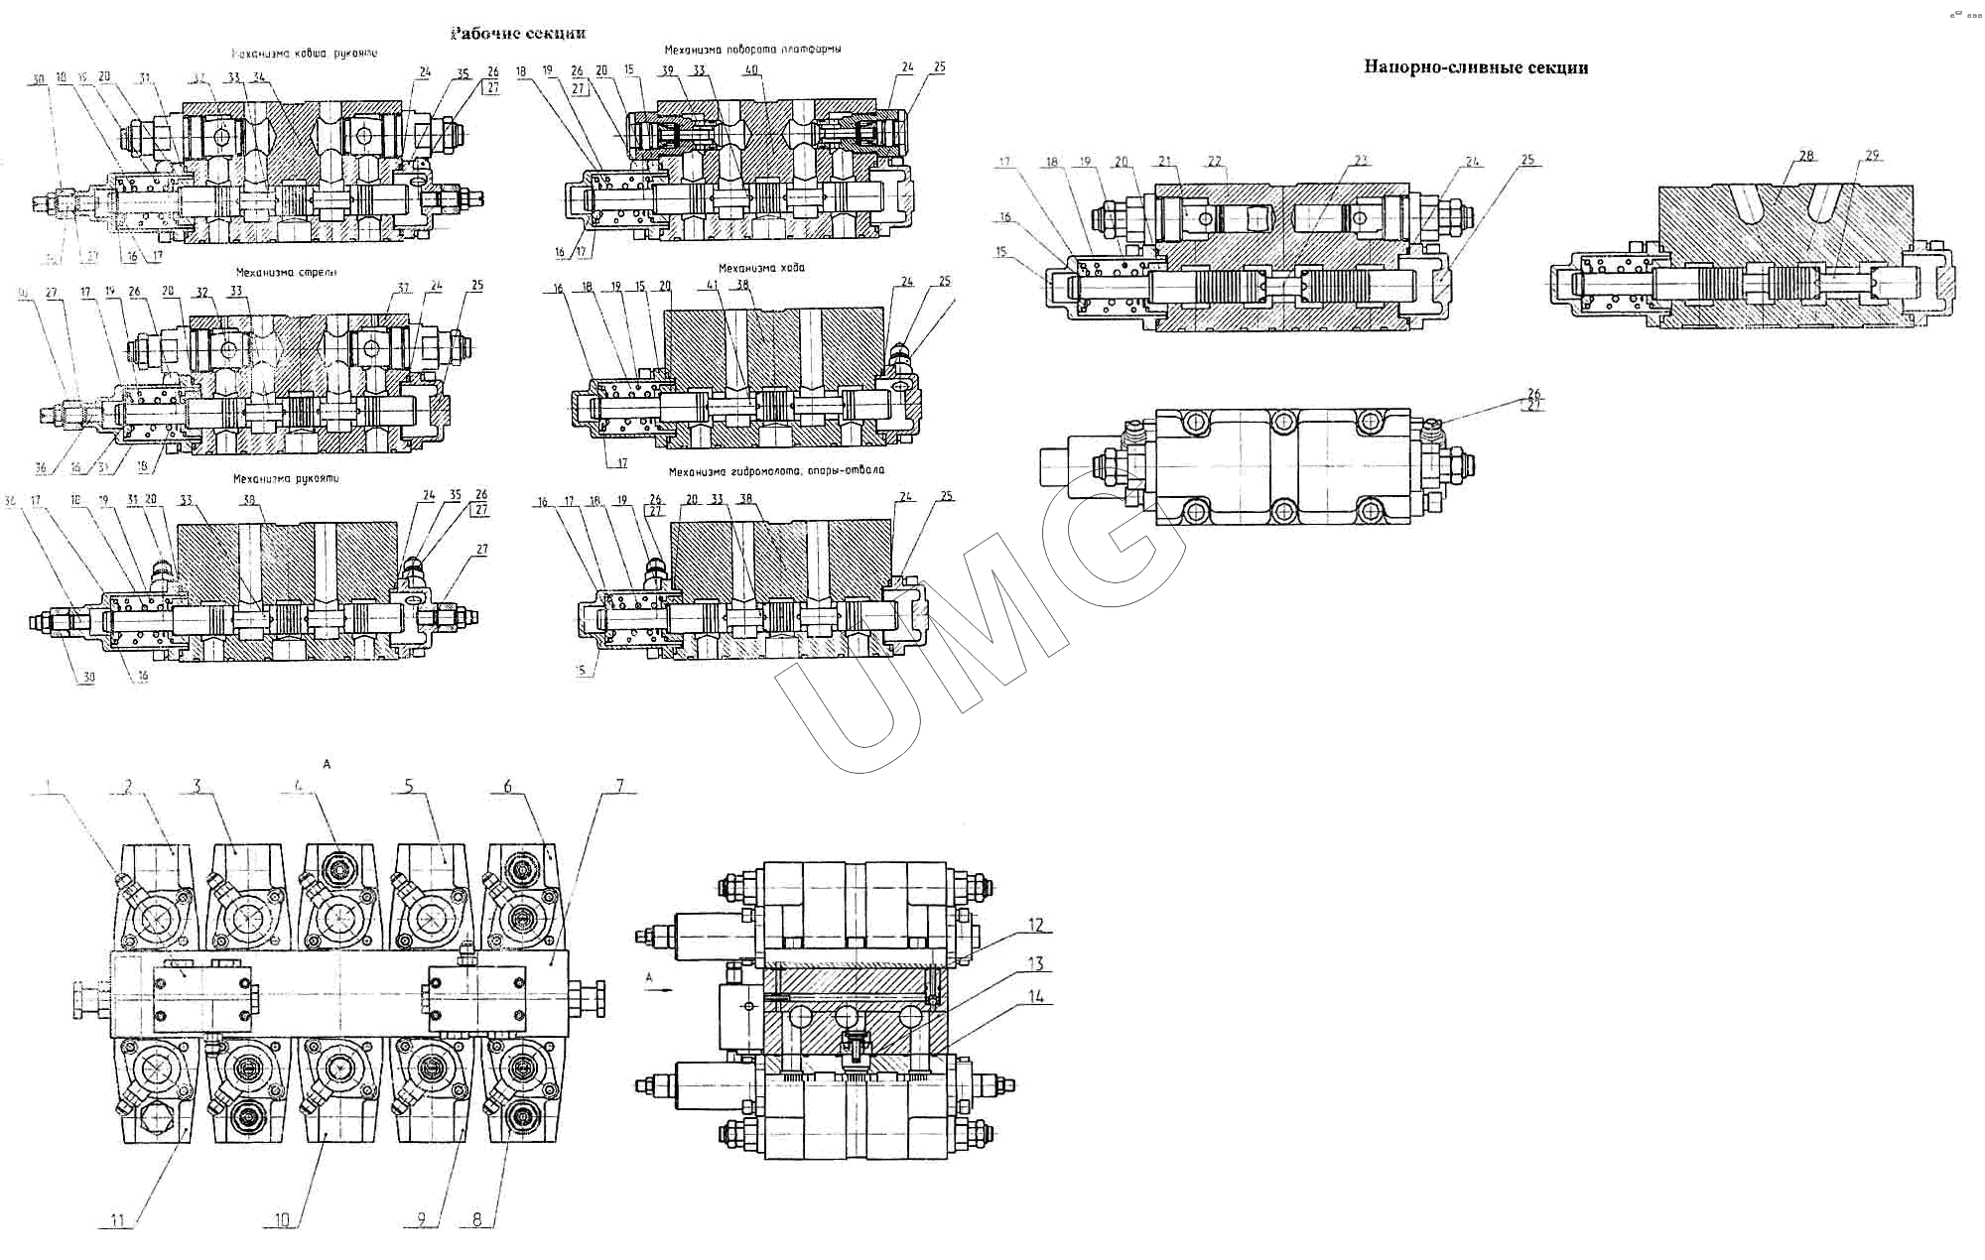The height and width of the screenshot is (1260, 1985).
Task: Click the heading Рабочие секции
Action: (518, 33)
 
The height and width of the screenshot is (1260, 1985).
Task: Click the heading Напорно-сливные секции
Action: (1476, 67)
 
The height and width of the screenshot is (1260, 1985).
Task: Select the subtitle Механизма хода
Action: (761, 268)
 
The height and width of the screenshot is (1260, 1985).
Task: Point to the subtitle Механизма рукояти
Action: (286, 478)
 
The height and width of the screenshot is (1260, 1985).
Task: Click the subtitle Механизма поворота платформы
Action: (752, 49)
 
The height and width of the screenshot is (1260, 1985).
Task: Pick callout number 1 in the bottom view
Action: (46, 787)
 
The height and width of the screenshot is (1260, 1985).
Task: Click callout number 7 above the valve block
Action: (619, 787)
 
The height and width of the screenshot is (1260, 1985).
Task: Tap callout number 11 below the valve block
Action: (117, 1219)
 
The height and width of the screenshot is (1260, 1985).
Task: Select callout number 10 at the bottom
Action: (282, 1219)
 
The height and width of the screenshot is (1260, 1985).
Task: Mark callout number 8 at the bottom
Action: (476, 1219)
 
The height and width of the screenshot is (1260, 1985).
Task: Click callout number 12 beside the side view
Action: (1035, 926)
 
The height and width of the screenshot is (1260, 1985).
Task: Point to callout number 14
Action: (1035, 996)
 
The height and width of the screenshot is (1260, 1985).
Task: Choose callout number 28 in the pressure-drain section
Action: (1806, 156)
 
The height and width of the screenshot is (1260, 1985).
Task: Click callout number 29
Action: (1872, 156)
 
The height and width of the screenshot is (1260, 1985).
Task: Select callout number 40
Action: (751, 70)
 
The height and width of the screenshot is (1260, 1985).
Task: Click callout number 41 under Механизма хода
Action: (712, 286)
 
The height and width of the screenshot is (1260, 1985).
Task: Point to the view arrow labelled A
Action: (657, 988)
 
